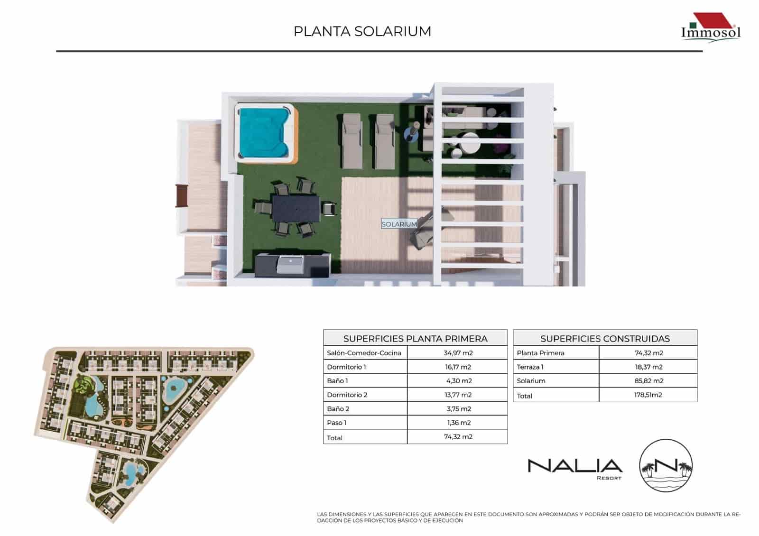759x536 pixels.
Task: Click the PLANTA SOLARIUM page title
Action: pos(362,31)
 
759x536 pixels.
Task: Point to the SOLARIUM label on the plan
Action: pos(399,224)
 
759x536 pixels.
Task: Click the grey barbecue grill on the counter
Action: pos(290,264)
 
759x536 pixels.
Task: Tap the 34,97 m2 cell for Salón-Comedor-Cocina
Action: pos(458,353)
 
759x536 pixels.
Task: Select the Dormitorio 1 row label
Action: pos(347,367)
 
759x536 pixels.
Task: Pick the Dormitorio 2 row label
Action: pos(347,395)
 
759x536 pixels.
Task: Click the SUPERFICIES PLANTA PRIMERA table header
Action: pos(415,339)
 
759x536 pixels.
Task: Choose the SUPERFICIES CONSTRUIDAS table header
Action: pos(605,339)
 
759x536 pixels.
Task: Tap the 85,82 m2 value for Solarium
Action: pos(648,381)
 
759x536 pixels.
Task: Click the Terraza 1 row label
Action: pos(530,367)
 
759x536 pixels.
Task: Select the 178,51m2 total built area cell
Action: pos(648,395)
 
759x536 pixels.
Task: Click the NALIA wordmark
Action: pos(575,465)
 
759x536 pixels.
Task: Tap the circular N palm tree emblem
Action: pos(666,465)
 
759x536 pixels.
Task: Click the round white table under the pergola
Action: pos(470,142)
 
